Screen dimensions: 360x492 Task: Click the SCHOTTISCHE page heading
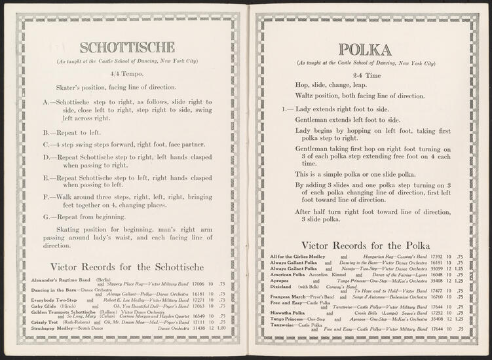[x=127, y=47]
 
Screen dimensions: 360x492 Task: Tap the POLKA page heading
[x=366, y=50]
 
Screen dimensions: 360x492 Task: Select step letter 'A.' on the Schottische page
[x=48, y=102]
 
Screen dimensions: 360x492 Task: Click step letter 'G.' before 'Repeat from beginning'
[x=48, y=216]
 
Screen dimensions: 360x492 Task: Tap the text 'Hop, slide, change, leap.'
[x=331, y=85]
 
